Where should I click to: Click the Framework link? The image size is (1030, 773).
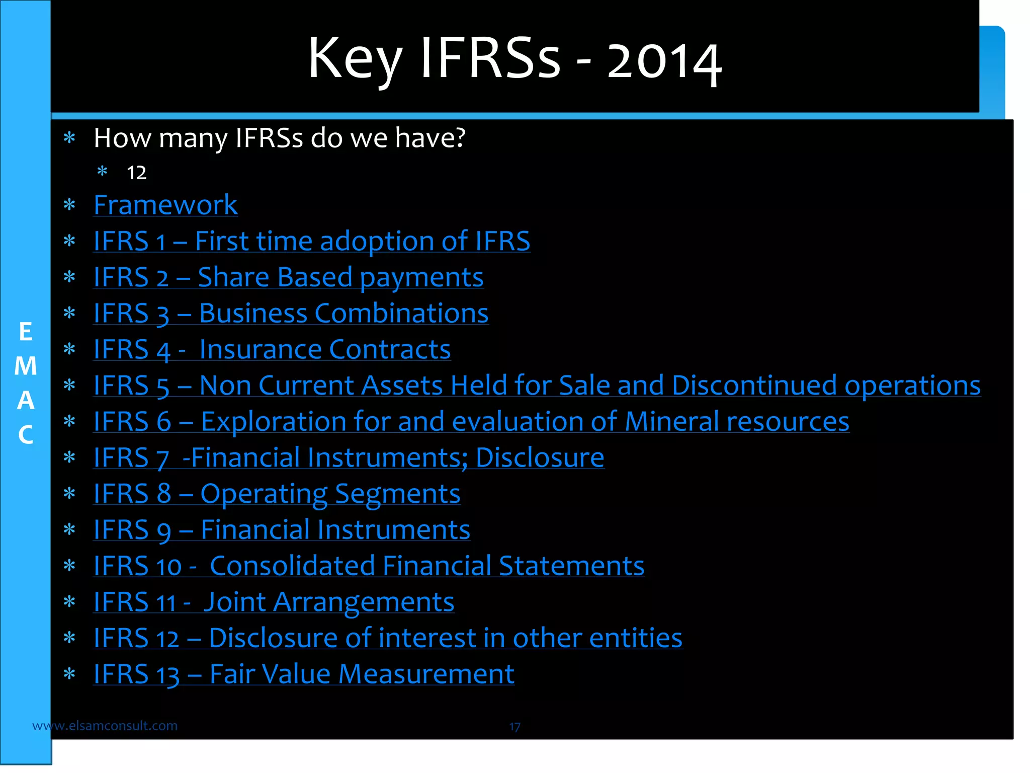click(x=165, y=205)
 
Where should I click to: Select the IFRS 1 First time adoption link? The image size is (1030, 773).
click(x=312, y=241)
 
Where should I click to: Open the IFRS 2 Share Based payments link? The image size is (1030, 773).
click(x=288, y=277)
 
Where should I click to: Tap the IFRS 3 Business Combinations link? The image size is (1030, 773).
click(x=291, y=314)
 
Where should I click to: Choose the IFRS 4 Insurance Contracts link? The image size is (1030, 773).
click(x=272, y=349)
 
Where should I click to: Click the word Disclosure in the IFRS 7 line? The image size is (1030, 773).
click(x=540, y=457)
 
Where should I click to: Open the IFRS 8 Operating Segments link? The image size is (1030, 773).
click(x=277, y=494)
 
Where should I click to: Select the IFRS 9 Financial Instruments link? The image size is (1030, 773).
click(x=282, y=530)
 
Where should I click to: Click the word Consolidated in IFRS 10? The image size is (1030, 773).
click(x=292, y=566)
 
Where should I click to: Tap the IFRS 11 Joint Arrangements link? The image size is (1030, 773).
click(x=274, y=602)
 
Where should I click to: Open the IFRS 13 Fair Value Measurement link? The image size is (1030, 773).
click(x=304, y=674)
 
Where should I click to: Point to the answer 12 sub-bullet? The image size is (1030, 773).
click(x=136, y=173)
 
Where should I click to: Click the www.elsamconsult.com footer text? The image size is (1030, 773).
click(x=105, y=726)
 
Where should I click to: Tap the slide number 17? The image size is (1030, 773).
click(x=514, y=727)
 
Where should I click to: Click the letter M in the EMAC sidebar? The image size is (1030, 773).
click(x=25, y=366)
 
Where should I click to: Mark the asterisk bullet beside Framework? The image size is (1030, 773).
click(x=69, y=205)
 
